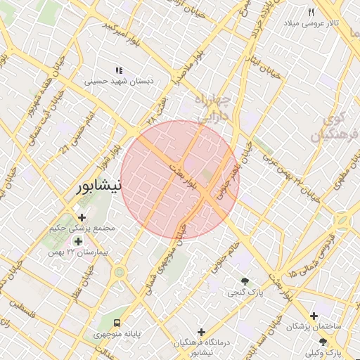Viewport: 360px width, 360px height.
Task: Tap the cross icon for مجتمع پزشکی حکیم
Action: pos(82,217)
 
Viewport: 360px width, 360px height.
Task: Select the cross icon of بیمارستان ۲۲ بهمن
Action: pos(77,241)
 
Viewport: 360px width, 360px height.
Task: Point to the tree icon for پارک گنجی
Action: pos(245,281)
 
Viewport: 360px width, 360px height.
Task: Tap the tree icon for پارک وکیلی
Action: pos(323,341)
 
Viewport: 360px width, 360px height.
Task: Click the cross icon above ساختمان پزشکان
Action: pos(314,316)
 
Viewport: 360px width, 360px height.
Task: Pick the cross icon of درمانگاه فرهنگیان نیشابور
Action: pos(202,331)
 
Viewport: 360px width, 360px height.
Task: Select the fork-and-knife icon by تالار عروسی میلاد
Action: pos(311,12)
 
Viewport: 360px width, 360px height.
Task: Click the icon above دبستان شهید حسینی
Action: pos(119,70)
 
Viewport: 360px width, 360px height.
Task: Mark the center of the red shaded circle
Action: pos(180,180)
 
